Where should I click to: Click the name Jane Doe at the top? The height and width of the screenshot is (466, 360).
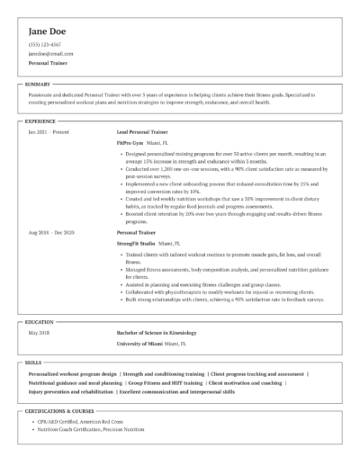pyautogui.click(x=50, y=31)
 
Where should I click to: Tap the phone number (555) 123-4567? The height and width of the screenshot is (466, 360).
pyautogui.click(x=45, y=44)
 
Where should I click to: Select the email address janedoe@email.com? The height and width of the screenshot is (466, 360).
pyautogui.click(x=49, y=54)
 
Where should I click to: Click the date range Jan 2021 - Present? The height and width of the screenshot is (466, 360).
pyautogui.click(x=49, y=132)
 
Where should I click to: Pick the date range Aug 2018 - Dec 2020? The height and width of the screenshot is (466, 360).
pyautogui.click(x=51, y=232)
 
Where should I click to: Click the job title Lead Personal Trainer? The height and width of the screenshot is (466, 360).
pyautogui.click(x=145, y=132)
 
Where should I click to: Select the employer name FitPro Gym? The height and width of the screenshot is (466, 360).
pyautogui.click(x=130, y=143)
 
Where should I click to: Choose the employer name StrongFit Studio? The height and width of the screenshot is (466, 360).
pyautogui.click(x=136, y=243)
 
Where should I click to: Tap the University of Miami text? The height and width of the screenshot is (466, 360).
pyautogui.click(x=140, y=344)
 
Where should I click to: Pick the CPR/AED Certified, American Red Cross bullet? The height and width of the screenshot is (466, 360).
pyautogui.click(x=89, y=423)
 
